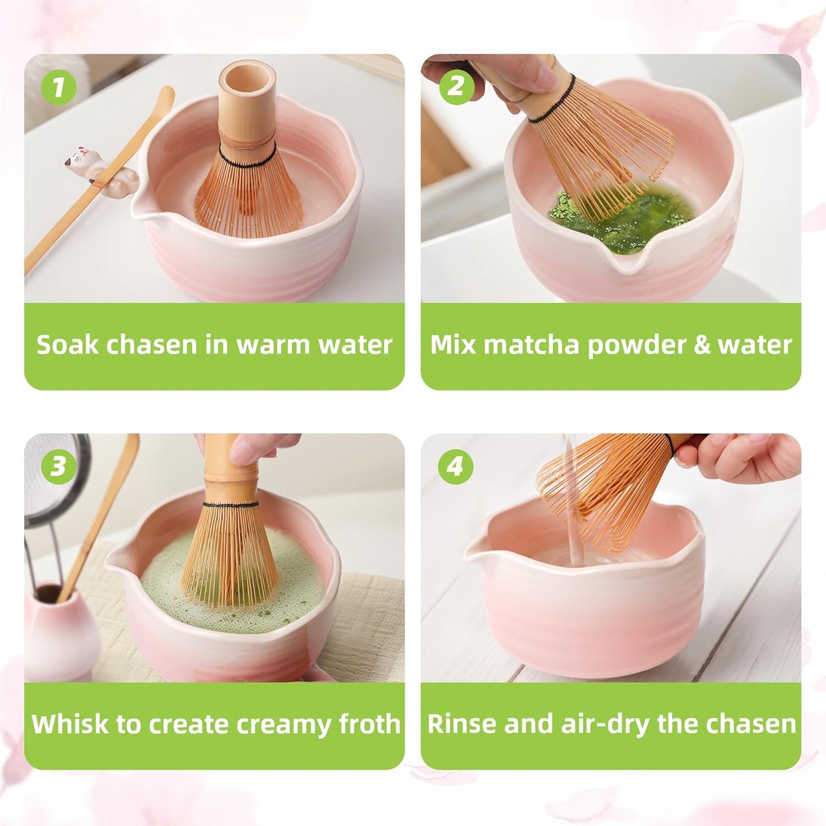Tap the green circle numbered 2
(456, 87)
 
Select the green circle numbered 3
(58, 466)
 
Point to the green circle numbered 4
(456, 466)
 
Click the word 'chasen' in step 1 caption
(143, 345)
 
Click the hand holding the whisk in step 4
(743, 455)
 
